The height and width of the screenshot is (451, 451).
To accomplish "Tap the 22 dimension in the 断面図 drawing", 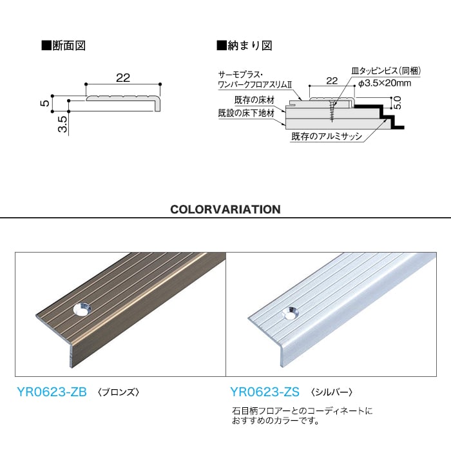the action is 123,78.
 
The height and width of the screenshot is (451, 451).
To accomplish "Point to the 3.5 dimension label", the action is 62,124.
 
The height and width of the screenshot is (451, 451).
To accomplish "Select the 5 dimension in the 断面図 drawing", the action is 45,103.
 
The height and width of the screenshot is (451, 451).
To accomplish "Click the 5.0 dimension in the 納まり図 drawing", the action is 397,102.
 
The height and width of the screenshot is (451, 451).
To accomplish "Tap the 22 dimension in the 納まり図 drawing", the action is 332,81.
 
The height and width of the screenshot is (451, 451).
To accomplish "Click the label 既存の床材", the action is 254,100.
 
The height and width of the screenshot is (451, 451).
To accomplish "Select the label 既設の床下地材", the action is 246,113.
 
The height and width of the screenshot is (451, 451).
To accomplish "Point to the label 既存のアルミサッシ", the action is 327,136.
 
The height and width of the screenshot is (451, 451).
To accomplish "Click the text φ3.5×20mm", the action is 385,83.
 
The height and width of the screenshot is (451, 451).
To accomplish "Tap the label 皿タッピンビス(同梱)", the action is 386,71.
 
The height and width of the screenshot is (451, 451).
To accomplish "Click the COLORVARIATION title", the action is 225,209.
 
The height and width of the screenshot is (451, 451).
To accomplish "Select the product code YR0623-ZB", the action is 52,392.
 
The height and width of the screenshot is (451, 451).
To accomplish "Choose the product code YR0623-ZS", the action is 265,392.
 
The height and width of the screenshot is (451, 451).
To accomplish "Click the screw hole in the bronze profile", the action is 82,310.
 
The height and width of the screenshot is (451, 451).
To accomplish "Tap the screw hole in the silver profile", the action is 290,314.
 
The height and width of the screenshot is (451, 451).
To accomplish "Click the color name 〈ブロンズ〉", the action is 118,392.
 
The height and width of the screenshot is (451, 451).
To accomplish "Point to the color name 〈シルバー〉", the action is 331,392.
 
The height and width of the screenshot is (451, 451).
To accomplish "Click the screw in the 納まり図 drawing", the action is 332,111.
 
